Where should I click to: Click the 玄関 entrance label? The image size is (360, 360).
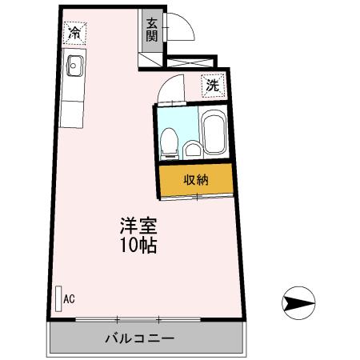pyautogui.click(x=152, y=30)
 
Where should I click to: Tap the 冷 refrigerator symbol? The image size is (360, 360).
pyautogui.click(x=74, y=33)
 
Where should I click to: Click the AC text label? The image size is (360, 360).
pyautogui.click(x=70, y=299)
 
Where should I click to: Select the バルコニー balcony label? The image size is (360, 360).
pyautogui.click(x=139, y=338)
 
